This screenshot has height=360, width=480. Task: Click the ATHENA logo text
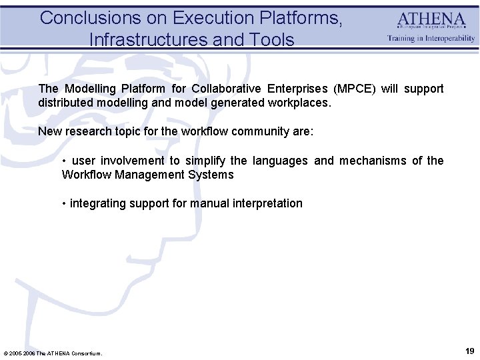431,20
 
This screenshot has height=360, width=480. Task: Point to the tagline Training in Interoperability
431,38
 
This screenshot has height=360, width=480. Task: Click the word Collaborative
226,89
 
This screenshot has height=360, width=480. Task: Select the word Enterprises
297,89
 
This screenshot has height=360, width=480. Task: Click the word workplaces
299,103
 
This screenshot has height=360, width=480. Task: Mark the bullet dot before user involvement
64,161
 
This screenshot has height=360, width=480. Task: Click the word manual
209,203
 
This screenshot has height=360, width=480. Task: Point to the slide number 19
469,351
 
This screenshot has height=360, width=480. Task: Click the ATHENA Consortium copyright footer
53,353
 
